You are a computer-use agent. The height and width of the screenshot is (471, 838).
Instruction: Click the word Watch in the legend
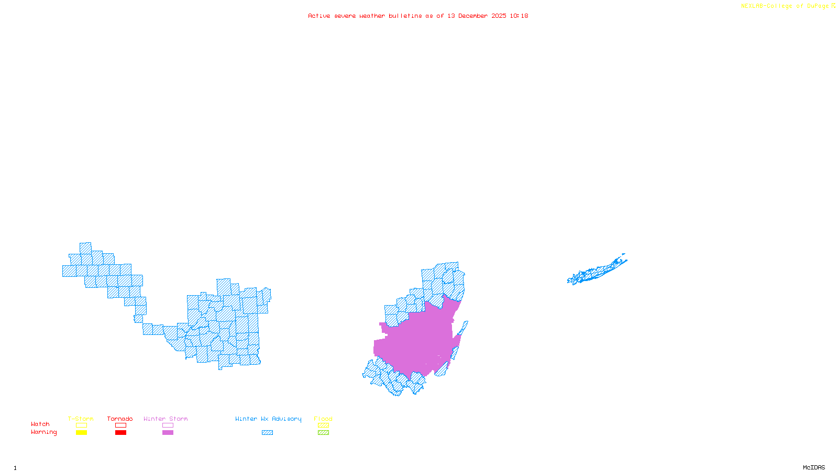(40, 424)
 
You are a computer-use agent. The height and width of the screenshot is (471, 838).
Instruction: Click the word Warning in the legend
(43, 432)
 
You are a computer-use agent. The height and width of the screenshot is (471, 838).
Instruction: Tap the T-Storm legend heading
(81, 419)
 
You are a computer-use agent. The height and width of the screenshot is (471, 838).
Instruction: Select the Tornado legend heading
(120, 419)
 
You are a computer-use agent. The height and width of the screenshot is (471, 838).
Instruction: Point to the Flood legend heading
(323, 419)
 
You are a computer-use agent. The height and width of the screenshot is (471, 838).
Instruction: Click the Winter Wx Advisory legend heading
(268, 419)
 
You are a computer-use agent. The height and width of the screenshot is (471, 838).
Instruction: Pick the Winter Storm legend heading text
(166, 419)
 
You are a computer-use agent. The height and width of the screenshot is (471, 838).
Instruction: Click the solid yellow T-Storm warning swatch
(81, 433)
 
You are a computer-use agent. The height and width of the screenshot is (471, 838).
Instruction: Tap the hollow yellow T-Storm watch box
(81, 425)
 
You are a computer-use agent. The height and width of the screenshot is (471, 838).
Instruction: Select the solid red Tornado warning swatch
(120, 433)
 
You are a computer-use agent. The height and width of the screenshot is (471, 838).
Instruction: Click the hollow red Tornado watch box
(120, 425)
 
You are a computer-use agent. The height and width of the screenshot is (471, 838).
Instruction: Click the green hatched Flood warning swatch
(323, 433)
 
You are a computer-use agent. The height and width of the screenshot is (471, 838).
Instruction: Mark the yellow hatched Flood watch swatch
(323, 425)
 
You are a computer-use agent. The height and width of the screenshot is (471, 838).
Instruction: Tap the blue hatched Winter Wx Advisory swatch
(267, 433)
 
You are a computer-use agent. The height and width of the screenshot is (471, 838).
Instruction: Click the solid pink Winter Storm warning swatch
(168, 433)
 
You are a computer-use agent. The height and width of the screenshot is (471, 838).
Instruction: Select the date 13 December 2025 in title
(477, 16)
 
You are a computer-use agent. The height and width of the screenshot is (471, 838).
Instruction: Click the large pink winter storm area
(419, 340)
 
